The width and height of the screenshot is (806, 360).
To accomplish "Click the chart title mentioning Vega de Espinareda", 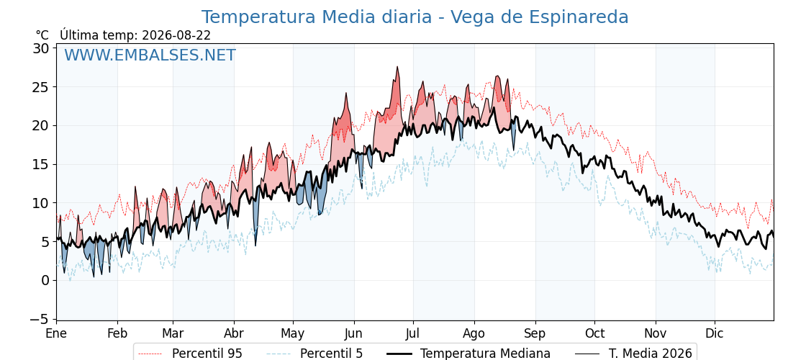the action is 415,17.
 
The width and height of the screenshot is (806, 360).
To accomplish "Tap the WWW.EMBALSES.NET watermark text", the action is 150,55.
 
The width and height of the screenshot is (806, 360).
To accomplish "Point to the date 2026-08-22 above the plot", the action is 176,35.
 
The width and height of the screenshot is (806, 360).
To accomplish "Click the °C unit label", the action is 42,35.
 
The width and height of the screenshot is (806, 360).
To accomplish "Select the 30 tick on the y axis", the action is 40,48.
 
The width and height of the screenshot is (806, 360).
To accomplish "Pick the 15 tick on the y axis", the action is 40,165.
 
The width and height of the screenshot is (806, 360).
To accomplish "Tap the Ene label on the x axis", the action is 56,334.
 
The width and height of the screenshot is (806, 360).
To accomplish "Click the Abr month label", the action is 234,334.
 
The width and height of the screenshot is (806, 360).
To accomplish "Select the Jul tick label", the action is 413,334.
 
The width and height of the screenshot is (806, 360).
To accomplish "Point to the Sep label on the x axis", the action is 535,334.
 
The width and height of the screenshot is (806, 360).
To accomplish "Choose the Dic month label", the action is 715,334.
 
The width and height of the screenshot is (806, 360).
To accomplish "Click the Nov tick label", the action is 656,334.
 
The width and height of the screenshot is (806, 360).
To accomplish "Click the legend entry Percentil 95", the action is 207,354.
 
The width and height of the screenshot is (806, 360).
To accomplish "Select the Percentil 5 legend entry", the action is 332,354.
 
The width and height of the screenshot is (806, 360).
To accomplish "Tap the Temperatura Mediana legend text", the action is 485,354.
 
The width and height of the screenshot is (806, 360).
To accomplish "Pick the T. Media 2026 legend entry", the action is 651,354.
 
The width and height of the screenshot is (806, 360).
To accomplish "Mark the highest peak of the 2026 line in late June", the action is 397,67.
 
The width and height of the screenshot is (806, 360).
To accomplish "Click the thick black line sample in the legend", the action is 399,354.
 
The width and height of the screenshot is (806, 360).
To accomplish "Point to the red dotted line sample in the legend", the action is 151,354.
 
